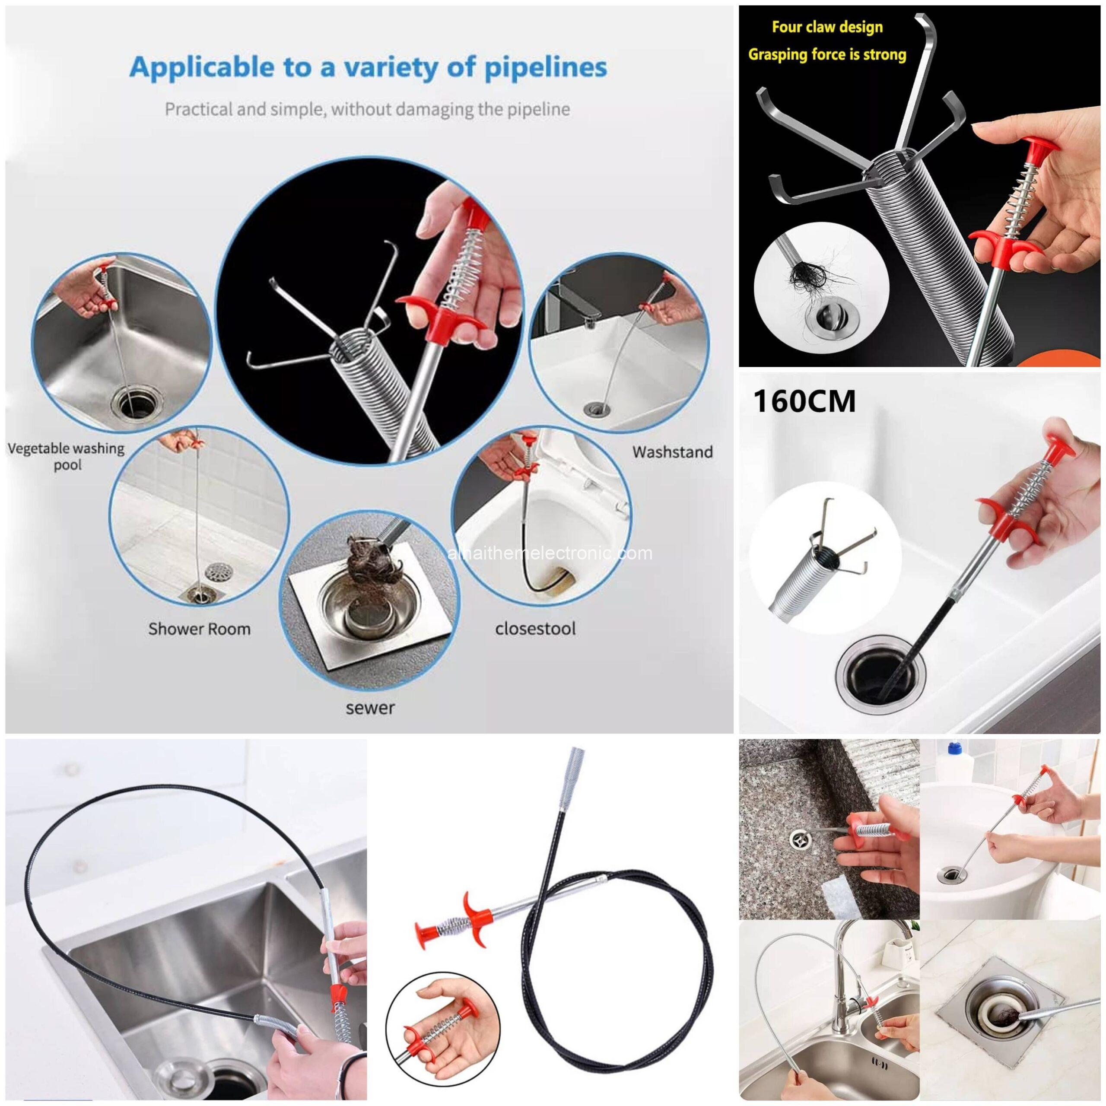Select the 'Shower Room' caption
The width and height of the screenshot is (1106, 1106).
pos(199,629)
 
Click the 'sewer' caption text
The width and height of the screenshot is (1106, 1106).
pos(370,708)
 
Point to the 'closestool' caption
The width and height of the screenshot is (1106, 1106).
pos(535,629)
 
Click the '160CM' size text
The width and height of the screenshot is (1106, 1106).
pos(804,401)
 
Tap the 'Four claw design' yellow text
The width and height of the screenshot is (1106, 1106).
pos(827,27)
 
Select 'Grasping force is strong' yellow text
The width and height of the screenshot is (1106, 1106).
pos(827,55)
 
